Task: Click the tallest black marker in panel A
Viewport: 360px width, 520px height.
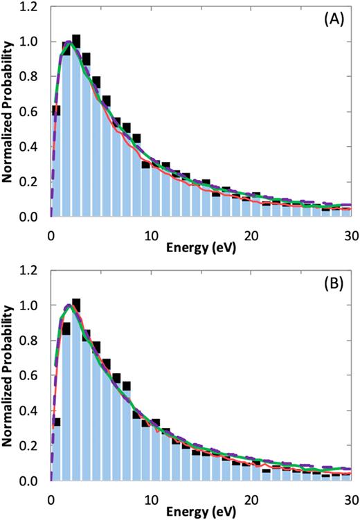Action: pyautogui.click(x=76, y=39)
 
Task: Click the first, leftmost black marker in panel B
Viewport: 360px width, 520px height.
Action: pyautogui.click(x=56, y=422)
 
